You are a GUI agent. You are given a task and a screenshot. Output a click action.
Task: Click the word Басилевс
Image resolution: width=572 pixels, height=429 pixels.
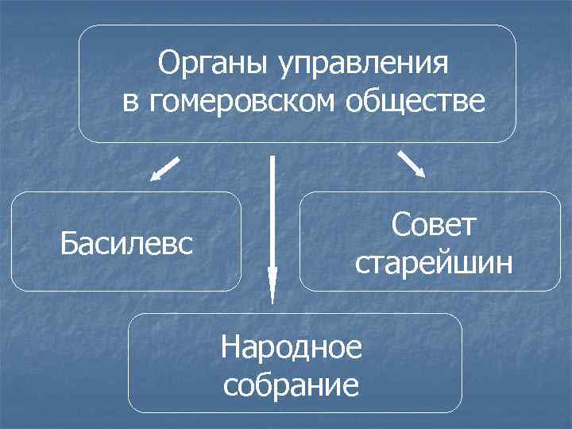pyautogui.click(x=127, y=242)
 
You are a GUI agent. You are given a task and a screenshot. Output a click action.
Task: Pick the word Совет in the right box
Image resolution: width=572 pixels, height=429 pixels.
pyautogui.click(x=433, y=224)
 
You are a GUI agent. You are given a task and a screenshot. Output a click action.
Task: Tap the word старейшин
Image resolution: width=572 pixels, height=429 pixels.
pyautogui.click(x=433, y=261)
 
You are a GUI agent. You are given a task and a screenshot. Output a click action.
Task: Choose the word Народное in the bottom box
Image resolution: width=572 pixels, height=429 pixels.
pyautogui.click(x=292, y=347)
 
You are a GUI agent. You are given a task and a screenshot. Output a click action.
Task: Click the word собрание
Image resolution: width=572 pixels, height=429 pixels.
pyautogui.click(x=292, y=385)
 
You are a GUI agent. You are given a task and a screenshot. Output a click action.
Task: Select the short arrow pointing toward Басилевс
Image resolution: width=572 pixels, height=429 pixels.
pyautogui.click(x=165, y=169)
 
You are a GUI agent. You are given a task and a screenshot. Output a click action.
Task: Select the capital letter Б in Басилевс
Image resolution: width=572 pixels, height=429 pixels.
pyautogui.click(x=69, y=242)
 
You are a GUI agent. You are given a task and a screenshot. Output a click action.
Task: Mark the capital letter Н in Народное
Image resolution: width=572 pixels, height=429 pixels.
pyautogui.click(x=231, y=347)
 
